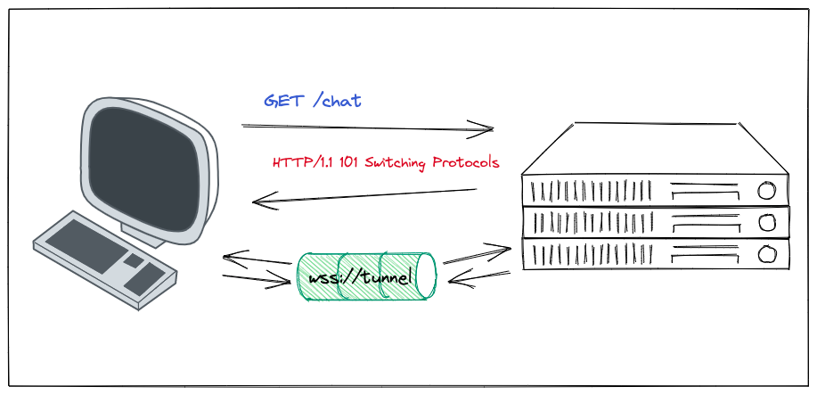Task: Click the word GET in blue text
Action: pyautogui.click(x=282, y=100)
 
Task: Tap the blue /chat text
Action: pyautogui.click(x=338, y=100)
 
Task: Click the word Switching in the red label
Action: pyautogui.click(x=397, y=163)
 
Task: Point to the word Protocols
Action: pyautogui.click(x=465, y=163)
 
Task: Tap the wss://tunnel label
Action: pyautogui.click(x=360, y=279)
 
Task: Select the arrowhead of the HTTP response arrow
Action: pyautogui.click(x=258, y=202)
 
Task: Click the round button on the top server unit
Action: pyautogui.click(x=764, y=190)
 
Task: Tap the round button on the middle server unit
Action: pyautogui.click(x=764, y=223)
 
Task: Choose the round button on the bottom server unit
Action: pyautogui.click(x=764, y=256)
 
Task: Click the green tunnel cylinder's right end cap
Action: pyautogui.click(x=426, y=276)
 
